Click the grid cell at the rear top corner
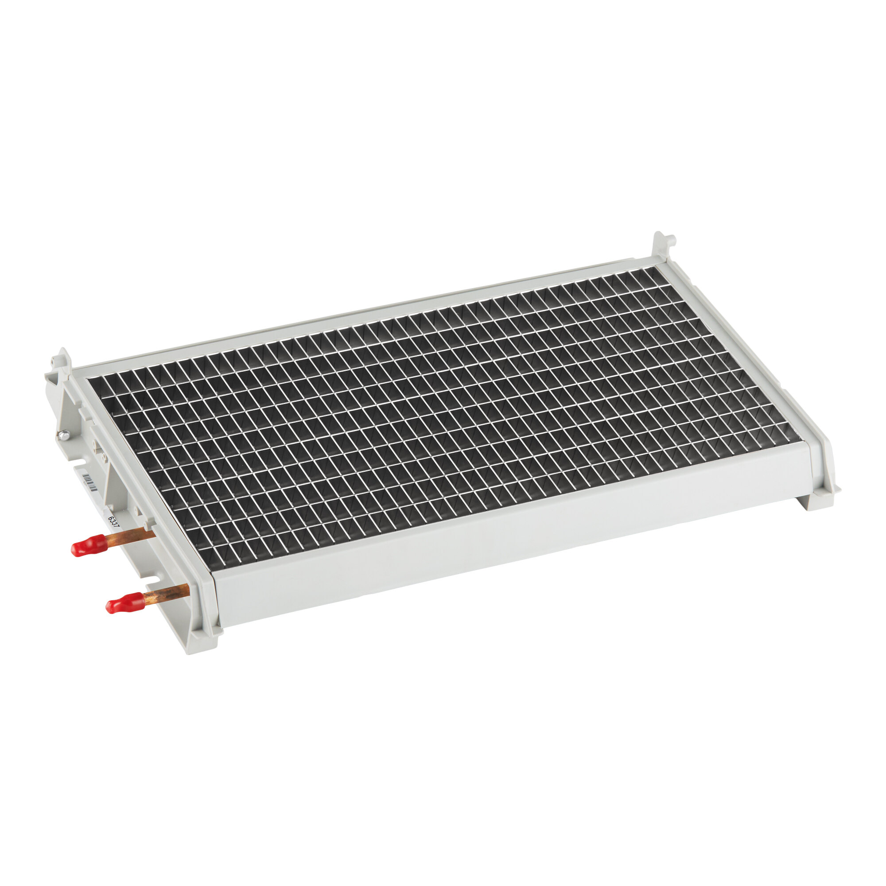(x=651, y=274)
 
